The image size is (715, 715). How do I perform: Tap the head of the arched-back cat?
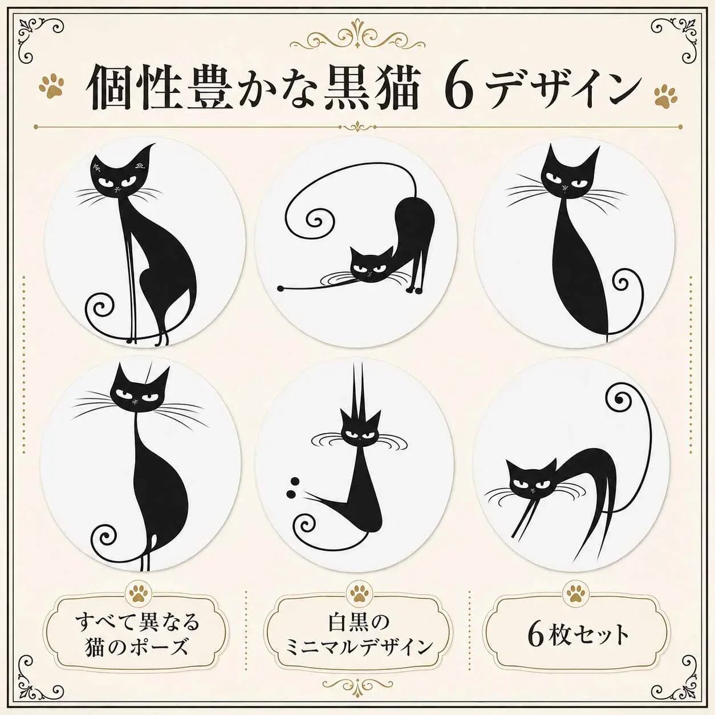click(x=531, y=478)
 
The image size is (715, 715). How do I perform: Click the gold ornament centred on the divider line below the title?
click(x=357, y=127)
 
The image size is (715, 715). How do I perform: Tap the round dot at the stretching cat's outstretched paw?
click(x=281, y=287)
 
